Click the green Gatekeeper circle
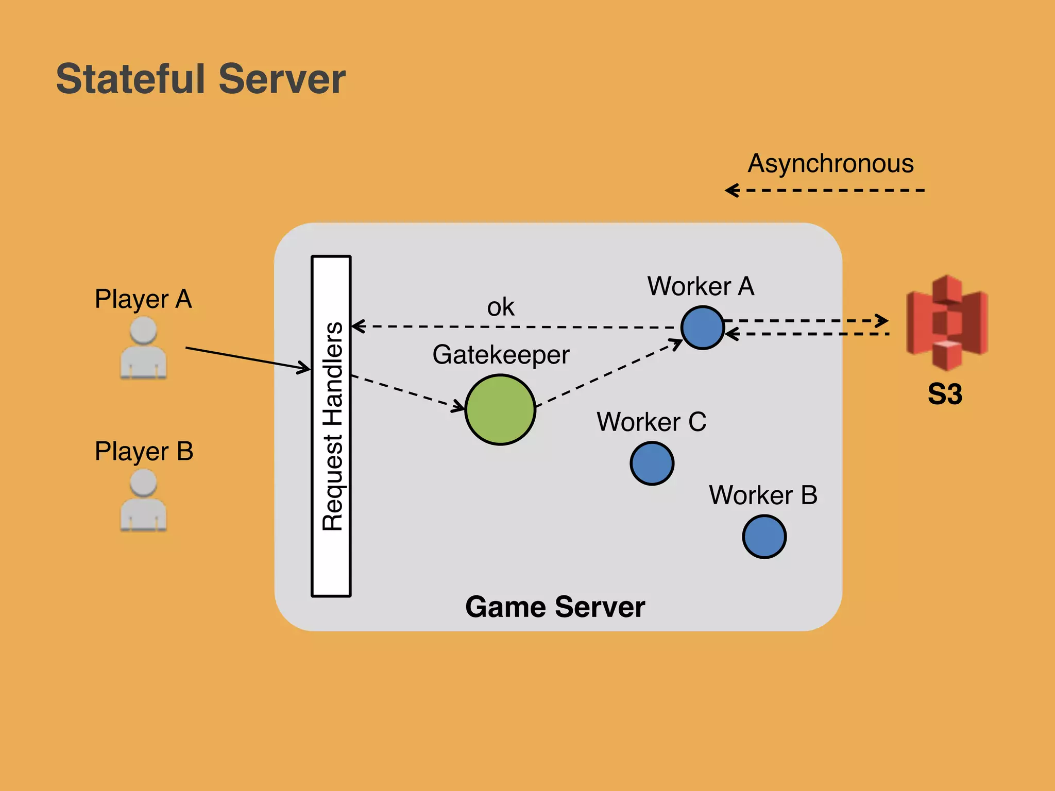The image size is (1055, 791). coord(500,410)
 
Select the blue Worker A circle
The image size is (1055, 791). coord(703,328)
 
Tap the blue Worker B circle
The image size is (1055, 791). coord(764,537)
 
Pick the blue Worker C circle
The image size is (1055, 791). coord(652,463)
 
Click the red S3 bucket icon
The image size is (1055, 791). coord(947,322)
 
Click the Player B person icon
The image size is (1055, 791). coord(143,501)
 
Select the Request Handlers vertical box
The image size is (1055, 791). coord(331,426)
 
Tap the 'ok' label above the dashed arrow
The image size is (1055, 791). coord(500,307)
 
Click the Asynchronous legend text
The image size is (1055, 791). coord(830,164)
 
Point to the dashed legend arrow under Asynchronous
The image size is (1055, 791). coord(824,191)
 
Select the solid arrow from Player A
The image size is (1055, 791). coord(247,358)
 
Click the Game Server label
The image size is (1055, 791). coord(555,607)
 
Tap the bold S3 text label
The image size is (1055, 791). coord(945,394)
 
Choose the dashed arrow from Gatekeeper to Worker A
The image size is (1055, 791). coord(608,373)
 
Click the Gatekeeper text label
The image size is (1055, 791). coord(501,355)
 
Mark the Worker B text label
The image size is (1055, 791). coord(763,495)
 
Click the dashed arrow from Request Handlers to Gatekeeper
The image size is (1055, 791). coord(407,393)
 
